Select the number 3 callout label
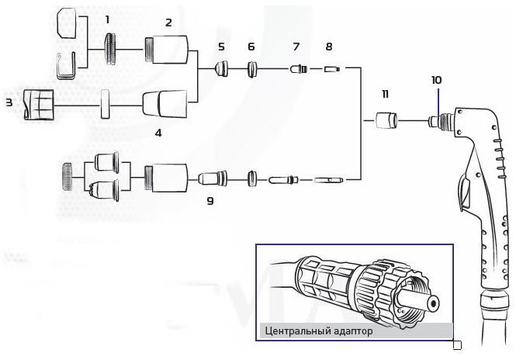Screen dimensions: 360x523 pos(9,102)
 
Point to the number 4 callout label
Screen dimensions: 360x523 pos(158,133)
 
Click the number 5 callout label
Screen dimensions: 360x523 pos(221,47)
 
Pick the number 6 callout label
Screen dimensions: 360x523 pos(251,47)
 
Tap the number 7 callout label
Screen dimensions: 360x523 pos(296,47)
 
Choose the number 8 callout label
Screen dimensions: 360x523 pos(329,47)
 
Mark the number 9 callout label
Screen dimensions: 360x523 pos(210,200)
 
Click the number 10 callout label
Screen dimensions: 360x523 pos(436,80)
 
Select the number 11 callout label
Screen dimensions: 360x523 pos(384,94)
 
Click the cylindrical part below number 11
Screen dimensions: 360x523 pos(385,122)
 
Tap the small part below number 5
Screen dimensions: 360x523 pos(221,70)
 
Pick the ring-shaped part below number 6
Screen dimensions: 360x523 pos(251,71)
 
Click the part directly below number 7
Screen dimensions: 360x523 pos(296,70)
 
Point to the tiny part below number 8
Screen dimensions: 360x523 pos(331,70)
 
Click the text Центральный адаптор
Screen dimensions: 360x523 pos(319,331)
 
